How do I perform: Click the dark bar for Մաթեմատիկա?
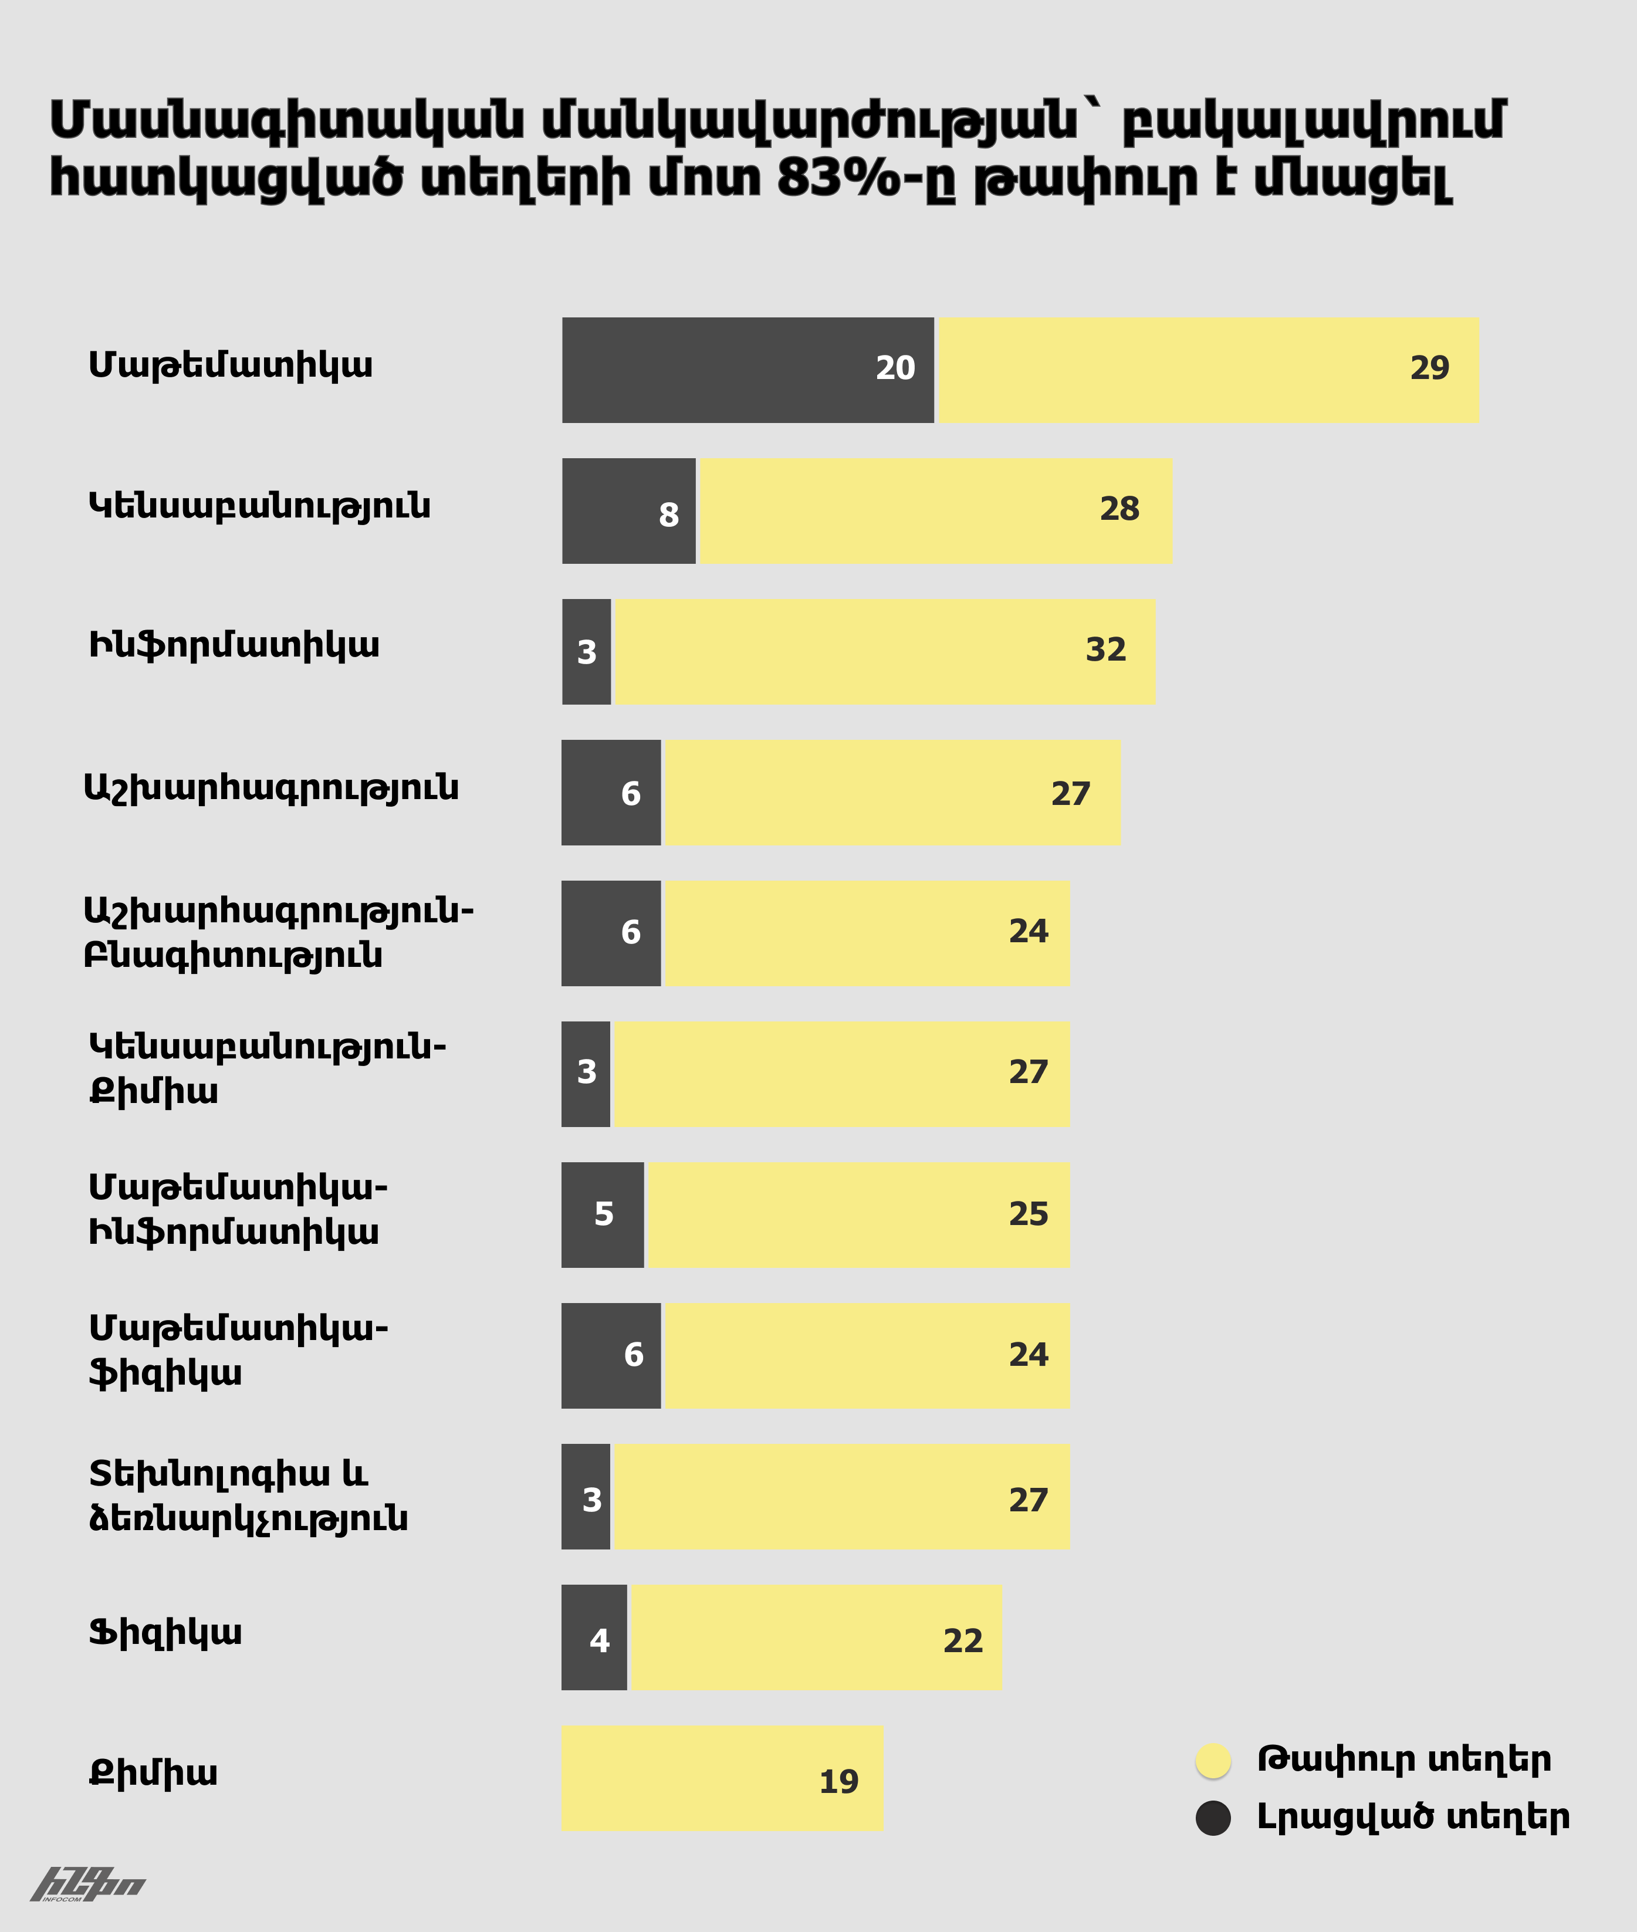[747, 369]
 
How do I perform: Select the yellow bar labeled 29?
[1208, 369]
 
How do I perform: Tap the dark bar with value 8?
[628, 510]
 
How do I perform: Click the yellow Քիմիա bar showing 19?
[722, 1778]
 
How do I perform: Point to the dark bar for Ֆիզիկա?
[594, 1637]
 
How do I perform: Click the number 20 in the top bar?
[895, 368]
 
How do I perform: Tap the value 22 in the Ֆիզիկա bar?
[962, 1640]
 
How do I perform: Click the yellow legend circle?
[1213, 1760]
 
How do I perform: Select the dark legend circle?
[1213, 1818]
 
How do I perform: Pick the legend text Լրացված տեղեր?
[1412, 1817]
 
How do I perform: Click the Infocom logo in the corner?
[88, 1884]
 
